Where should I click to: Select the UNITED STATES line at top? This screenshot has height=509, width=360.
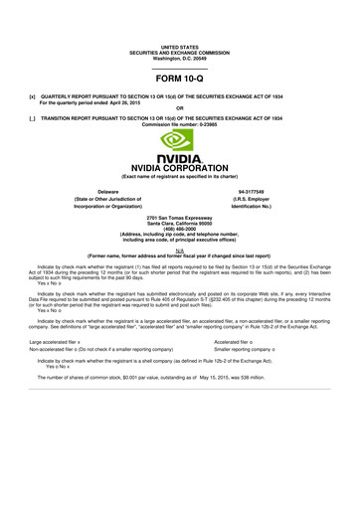click(x=179, y=46)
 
